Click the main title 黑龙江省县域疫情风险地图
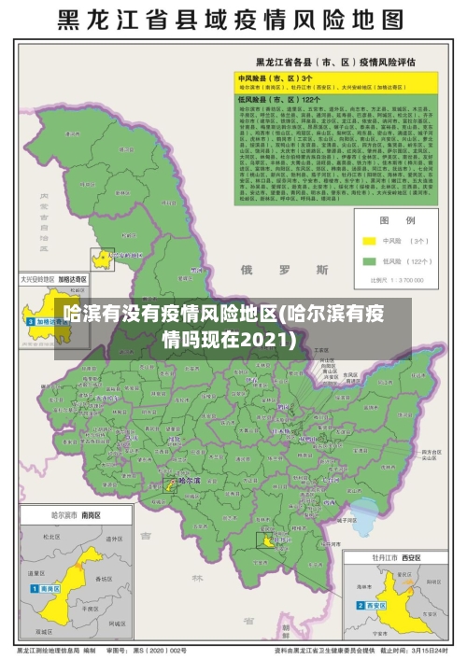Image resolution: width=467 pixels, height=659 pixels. click(233, 20)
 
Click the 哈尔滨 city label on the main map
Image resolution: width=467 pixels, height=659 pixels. click(189, 481)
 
